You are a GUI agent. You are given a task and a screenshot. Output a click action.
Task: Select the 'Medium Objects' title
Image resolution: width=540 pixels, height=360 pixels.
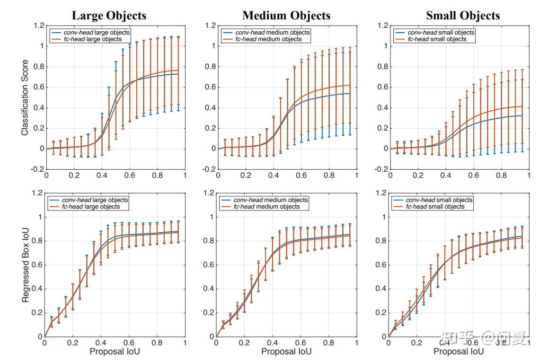coord(286,15)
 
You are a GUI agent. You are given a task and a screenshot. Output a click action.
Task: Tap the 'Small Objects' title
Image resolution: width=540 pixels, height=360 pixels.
coord(462,15)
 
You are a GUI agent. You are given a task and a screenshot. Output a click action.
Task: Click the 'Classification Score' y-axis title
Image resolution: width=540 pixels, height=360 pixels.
coord(25,97)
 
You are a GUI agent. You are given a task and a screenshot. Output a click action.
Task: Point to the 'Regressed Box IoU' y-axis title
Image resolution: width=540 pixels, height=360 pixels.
coord(25,265)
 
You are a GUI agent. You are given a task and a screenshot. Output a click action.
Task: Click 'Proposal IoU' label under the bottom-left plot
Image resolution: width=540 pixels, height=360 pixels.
coord(115,351)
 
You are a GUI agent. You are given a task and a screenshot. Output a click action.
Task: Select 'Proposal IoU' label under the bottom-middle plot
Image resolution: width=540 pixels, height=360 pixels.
coord(286,351)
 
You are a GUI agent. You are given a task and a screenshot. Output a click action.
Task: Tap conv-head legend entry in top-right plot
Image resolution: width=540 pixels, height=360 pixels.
coord(440,32)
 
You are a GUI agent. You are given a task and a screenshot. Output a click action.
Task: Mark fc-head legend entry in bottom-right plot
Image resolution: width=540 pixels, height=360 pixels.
coord(435,207)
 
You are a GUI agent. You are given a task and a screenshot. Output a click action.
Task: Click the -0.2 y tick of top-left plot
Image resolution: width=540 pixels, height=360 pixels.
coord(38,169)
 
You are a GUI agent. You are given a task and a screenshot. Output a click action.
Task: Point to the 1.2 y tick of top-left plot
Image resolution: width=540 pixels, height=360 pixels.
coord(40,26)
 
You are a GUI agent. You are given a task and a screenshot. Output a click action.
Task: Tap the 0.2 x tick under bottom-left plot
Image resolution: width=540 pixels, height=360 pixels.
coord(72,342)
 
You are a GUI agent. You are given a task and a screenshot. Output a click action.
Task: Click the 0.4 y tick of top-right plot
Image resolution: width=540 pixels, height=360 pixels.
coord(382,108)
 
